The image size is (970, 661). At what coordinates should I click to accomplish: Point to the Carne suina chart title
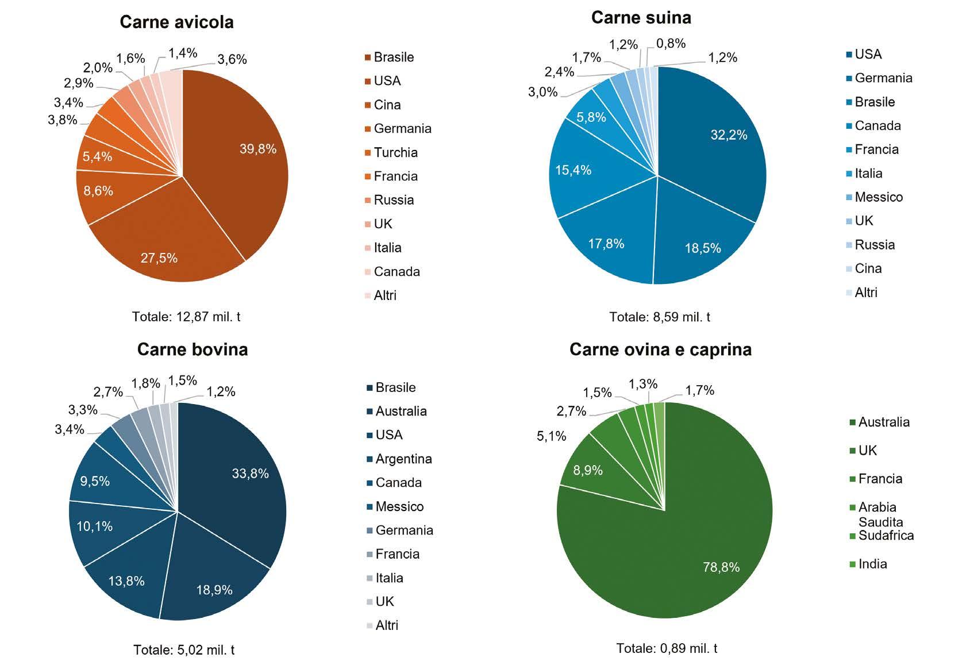(x=641, y=18)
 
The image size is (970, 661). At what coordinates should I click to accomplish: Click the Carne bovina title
(x=193, y=349)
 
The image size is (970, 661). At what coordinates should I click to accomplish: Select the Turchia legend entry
(x=391, y=152)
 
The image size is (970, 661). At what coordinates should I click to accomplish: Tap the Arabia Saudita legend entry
(x=877, y=514)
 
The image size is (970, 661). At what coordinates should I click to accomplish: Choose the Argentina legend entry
(x=399, y=459)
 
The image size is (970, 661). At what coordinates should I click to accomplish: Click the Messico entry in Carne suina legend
(x=874, y=197)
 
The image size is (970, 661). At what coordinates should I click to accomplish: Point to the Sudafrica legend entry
(x=882, y=535)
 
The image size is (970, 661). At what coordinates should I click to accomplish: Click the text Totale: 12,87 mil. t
(x=186, y=317)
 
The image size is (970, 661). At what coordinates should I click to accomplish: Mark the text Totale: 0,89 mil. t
(x=667, y=648)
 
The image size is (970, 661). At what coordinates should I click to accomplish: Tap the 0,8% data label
(x=671, y=43)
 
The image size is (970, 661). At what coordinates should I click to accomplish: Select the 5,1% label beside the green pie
(x=551, y=436)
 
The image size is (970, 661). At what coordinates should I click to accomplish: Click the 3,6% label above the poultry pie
(x=232, y=59)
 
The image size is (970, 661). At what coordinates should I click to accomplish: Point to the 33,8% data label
(x=251, y=473)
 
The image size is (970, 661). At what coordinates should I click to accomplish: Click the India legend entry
(x=868, y=563)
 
